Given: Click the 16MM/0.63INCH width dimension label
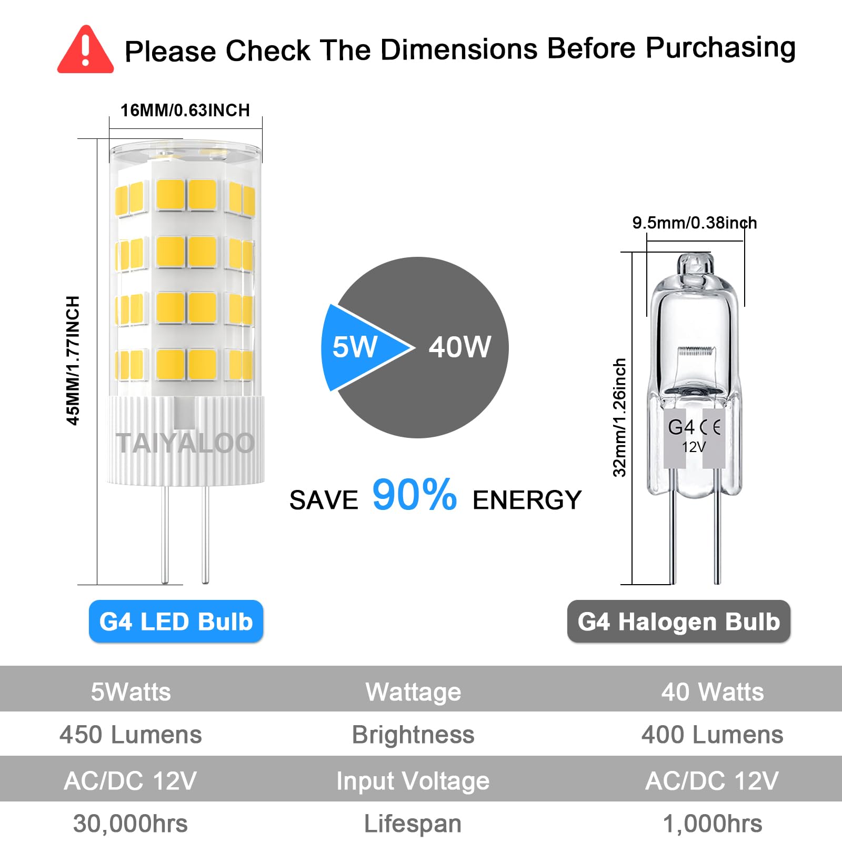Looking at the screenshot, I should (185, 111).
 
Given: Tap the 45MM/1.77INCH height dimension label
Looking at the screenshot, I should (73, 360).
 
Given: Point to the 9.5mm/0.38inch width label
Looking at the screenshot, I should (694, 223).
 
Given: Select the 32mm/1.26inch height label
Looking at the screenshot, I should (619, 417).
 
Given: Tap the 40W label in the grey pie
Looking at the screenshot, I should (459, 347).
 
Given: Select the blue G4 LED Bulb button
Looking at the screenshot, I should (176, 622).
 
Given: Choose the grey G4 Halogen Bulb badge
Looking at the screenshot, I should (678, 622).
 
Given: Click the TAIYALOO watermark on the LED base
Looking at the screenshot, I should (185, 443).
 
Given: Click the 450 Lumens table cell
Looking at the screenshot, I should (131, 735).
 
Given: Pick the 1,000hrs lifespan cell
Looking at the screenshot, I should (712, 824).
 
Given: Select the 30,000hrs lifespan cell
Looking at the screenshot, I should (131, 824).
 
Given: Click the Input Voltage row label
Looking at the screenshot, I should (413, 781).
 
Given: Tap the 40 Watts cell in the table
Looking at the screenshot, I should (712, 691).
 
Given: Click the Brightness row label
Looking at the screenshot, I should (413, 735).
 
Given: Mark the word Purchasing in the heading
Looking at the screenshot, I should (720, 48).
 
